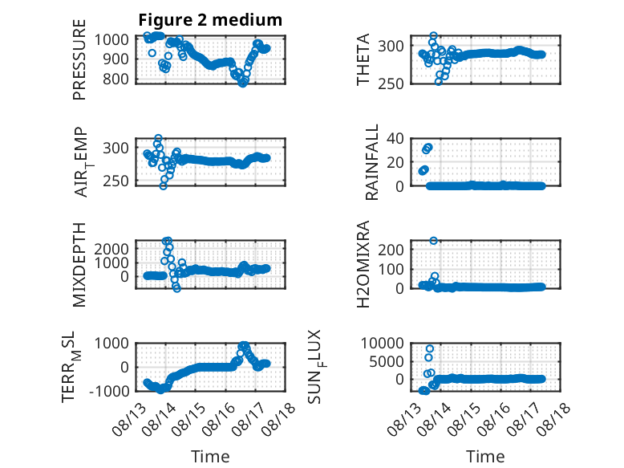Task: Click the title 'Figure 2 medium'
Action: [210, 20]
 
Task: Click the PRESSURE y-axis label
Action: [79, 59]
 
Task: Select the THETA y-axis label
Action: [363, 59]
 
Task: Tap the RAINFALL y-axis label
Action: [371, 162]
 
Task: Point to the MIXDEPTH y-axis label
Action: [79, 265]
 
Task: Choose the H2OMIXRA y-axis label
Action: [363, 264]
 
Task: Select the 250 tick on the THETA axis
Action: [391, 83]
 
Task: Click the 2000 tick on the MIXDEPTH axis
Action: [111, 250]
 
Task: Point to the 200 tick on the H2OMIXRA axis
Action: [391, 250]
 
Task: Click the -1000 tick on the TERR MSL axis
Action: [109, 391]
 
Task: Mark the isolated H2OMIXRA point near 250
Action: [434, 241]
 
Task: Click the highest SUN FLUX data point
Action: [430, 349]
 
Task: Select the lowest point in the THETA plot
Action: [439, 82]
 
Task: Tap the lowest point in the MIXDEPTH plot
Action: [176, 288]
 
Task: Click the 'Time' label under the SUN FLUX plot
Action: [485, 456]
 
